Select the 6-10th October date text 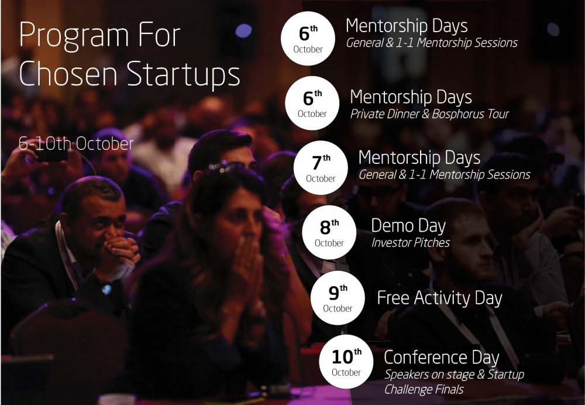click(76, 144)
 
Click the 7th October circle click(321, 167)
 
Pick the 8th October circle click(329, 232)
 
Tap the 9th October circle click(338, 297)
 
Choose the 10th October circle click(346, 362)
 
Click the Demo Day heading click(408, 226)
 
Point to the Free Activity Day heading click(439, 298)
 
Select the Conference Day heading click(441, 357)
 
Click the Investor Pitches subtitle click(411, 243)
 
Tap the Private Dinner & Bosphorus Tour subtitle click(429, 114)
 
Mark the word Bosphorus click(453, 114)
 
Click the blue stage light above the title click(243, 30)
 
